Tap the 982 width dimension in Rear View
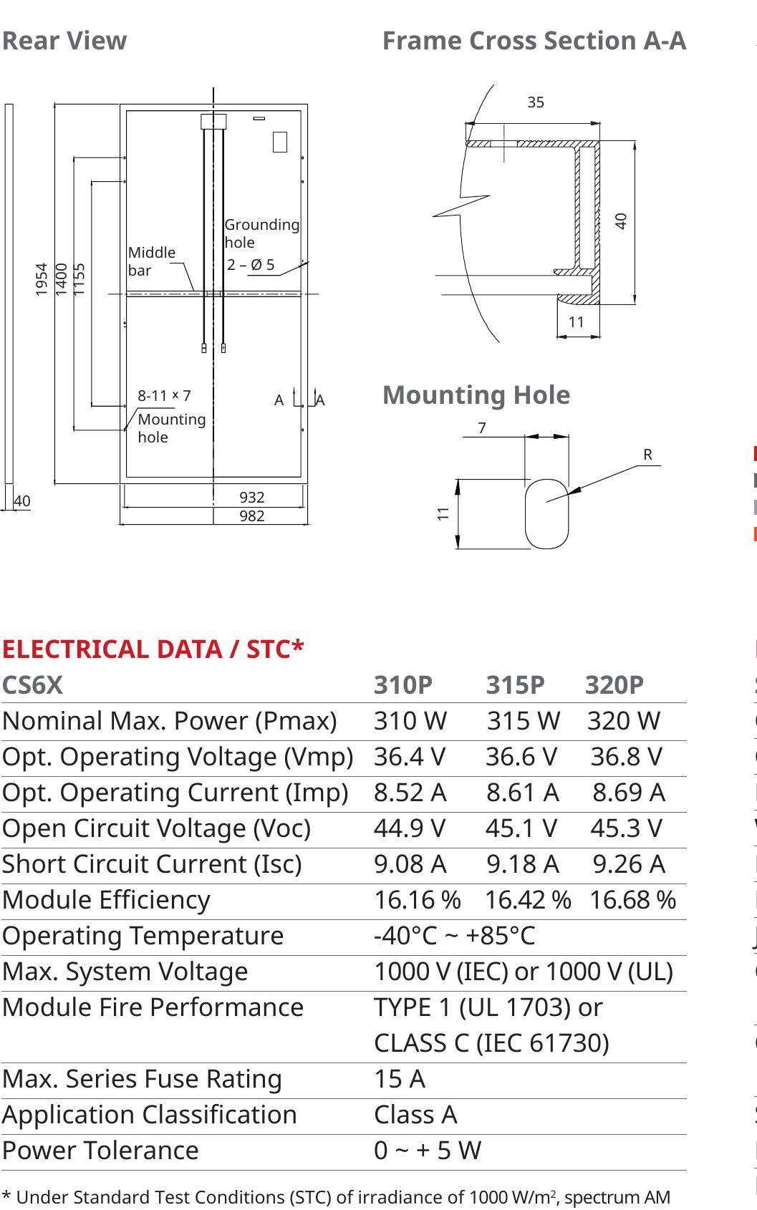251,516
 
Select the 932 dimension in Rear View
251,497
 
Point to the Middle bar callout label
151,261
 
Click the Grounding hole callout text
261,233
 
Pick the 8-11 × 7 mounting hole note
164,395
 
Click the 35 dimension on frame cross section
535,102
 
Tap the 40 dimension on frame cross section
621,221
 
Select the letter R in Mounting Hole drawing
647,455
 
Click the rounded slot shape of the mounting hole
546,513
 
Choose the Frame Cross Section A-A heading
534,41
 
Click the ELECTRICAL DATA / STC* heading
153,649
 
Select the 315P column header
515,685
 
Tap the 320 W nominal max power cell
623,721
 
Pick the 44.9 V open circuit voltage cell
409,828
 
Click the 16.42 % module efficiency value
527,900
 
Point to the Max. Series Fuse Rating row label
142,1079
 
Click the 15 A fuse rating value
399,1079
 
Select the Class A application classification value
415,1115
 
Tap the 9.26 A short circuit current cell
628,864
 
